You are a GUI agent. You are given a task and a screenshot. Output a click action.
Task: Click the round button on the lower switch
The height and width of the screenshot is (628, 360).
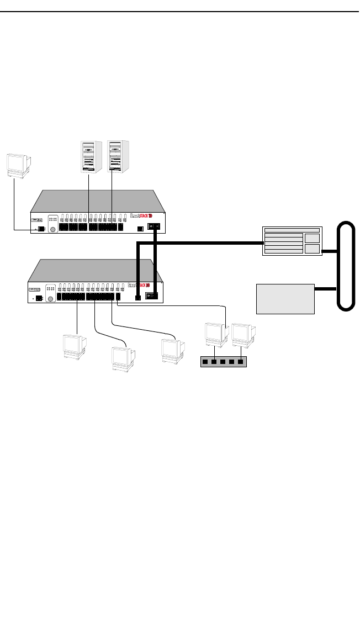click(51, 299)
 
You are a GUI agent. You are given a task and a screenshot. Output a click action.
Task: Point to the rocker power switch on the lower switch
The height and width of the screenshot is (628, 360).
click(151, 296)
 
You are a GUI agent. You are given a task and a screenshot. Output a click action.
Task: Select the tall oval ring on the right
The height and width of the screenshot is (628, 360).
click(346, 266)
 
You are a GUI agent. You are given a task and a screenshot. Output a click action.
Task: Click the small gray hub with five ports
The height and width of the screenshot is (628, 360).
click(223, 362)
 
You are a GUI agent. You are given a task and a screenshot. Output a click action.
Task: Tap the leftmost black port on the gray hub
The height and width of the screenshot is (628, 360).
click(204, 362)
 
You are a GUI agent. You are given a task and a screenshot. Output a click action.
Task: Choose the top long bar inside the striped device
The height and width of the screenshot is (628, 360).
click(292, 229)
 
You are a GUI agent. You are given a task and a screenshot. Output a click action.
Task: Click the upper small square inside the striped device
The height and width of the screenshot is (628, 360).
click(312, 238)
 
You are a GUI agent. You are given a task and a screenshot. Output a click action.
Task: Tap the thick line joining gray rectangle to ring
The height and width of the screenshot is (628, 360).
click(326, 289)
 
